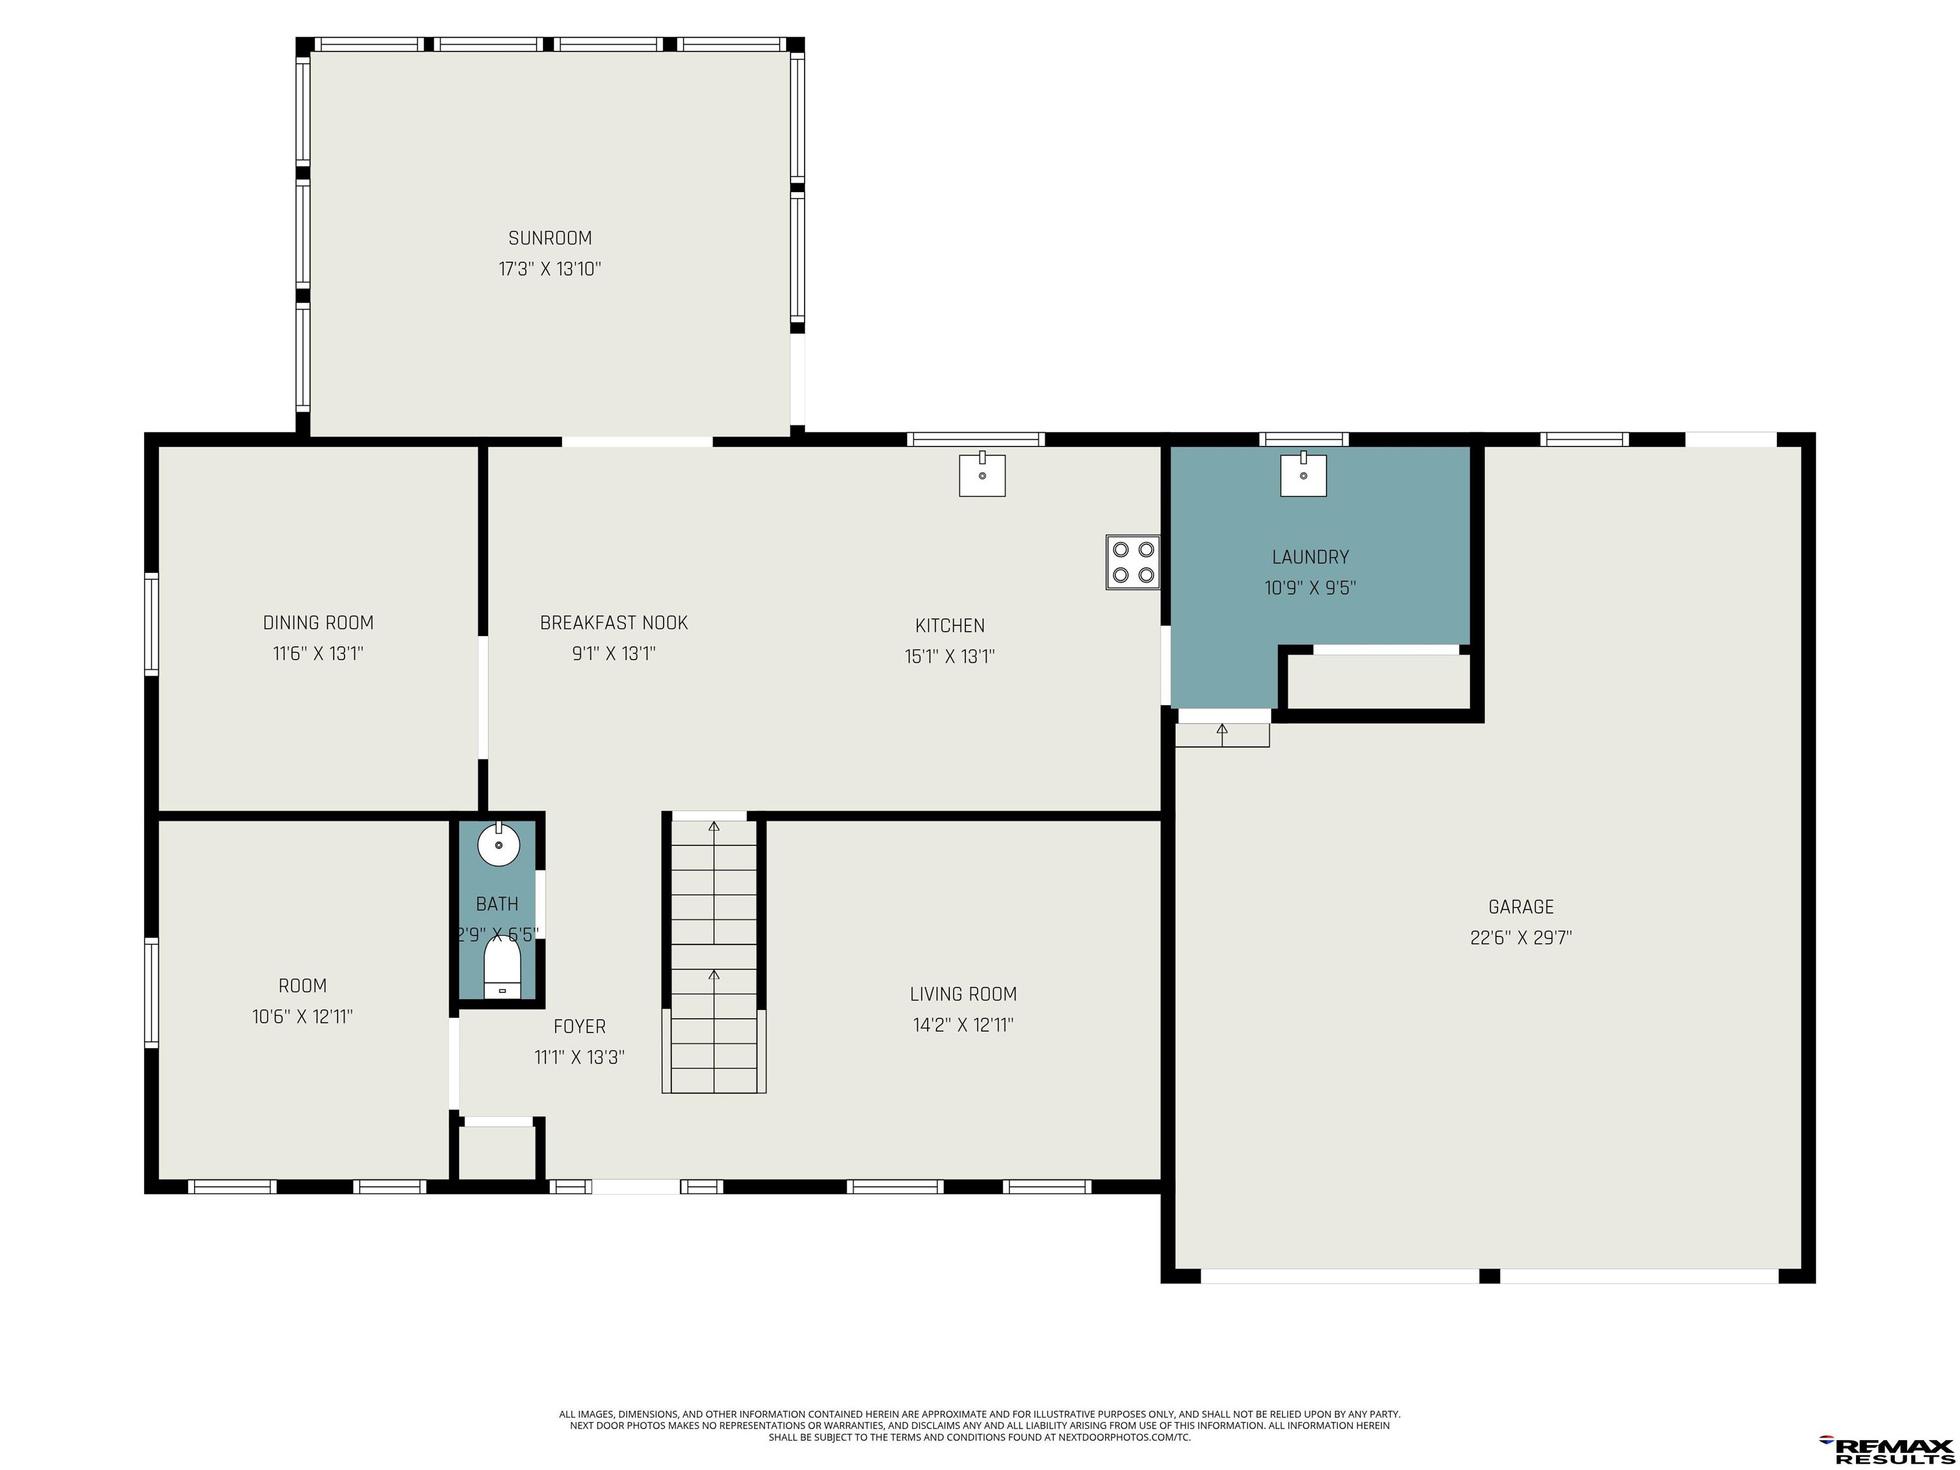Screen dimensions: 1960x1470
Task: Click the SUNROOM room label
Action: coord(549,239)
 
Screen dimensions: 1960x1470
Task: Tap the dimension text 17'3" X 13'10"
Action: coord(549,269)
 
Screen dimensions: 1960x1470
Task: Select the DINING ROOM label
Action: coord(318,623)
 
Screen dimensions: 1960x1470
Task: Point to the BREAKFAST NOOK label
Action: coord(614,623)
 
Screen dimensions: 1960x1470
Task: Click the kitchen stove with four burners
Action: coord(1132,561)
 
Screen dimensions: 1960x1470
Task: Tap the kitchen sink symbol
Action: coord(982,474)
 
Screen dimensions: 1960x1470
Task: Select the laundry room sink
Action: coord(1303,474)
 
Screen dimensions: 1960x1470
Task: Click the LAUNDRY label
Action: coord(1310,558)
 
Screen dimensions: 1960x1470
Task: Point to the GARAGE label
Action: coord(1522,907)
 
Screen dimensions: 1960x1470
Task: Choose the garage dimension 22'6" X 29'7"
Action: coord(1522,937)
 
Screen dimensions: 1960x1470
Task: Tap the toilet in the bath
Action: coord(501,969)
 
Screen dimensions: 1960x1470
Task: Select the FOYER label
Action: coord(579,1027)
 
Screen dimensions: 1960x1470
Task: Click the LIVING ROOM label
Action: coord(963,994)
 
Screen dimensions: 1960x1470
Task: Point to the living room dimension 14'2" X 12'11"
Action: coord(963,1025)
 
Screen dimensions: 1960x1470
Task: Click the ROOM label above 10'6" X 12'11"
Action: coord(302,986)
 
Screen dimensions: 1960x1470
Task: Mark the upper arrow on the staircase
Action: coord(714,882)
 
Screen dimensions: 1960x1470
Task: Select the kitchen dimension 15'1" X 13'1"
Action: coord(950,657)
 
